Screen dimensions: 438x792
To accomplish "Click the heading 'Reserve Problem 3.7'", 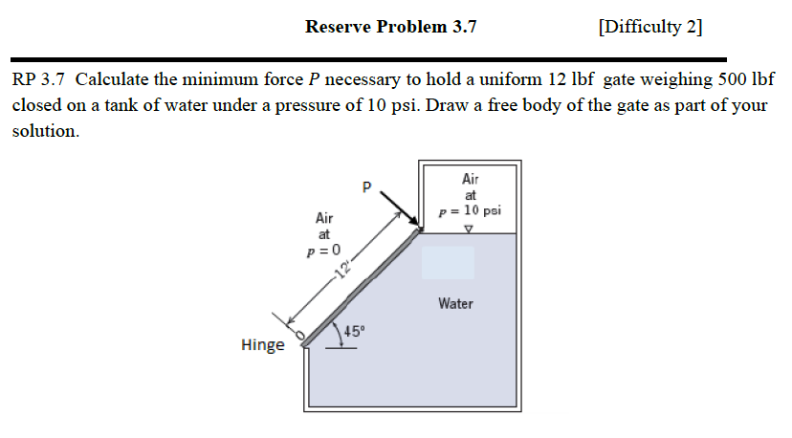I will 390,27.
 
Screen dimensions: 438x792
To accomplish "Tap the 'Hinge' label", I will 263,344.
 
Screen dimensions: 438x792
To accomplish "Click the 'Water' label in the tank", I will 455,303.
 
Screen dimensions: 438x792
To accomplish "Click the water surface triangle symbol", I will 469,229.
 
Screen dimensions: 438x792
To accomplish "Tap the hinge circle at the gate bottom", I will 299,336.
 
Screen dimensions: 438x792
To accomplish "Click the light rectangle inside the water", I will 448,262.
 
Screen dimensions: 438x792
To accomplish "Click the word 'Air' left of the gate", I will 324,218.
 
